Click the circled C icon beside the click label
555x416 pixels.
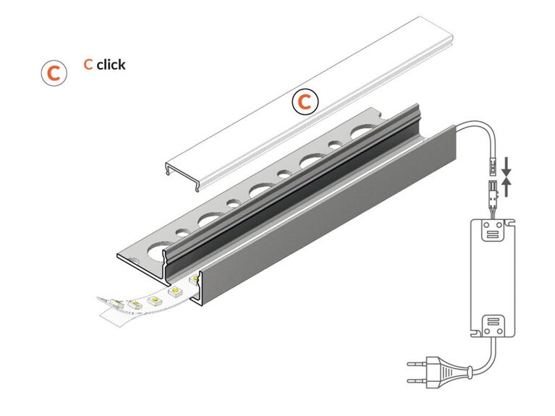point(54,73)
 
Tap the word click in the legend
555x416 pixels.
point(111,65)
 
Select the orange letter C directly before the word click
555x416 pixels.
point(88,64)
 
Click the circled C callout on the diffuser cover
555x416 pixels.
point(305,101)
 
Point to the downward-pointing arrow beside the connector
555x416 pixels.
point(507,166)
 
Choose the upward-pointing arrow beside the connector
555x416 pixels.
point(507,187)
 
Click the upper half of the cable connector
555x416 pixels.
point(493,166)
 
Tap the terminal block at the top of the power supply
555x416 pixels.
point(493,230)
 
